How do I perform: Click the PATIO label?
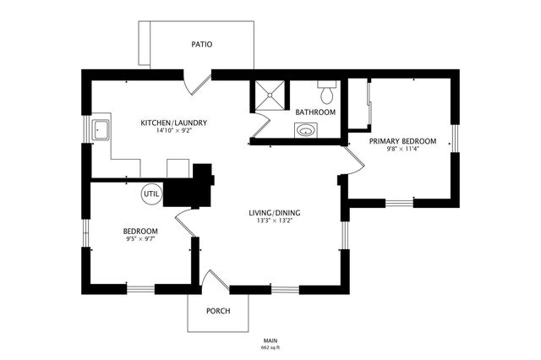pos(201,44)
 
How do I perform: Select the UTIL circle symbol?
pos(151,193)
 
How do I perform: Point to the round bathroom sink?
pos(306,130)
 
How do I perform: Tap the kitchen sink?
pos(102,130)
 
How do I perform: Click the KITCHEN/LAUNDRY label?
pos(173,123)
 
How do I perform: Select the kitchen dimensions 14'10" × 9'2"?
pos(173,131)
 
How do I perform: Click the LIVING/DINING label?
pos(275,212)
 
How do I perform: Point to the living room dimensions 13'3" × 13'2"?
pos(275,221)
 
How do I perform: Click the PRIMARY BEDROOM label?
pos(402,142)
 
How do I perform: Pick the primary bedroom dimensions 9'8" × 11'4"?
pos(402,150)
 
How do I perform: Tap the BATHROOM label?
pos(315,112)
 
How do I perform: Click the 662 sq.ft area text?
pos(270,347)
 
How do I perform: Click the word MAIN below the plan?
pos(270,340)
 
